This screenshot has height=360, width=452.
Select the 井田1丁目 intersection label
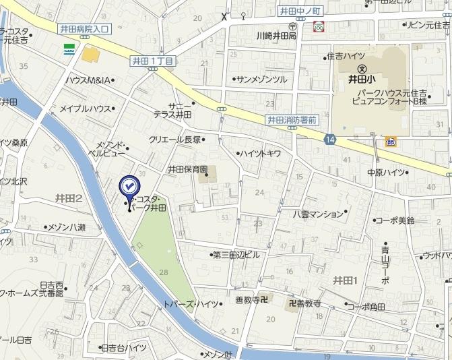pyautogui.click(x=153, y=61)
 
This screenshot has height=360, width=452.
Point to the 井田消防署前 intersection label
pyautogui.click(x=292, y=120)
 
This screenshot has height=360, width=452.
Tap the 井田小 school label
pyautogui.click(x=361, y=78)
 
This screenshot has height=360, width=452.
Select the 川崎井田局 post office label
pyautogui.click(x=276, y=36)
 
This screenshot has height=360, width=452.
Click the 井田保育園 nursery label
pyautogui.click(x=189, y=169)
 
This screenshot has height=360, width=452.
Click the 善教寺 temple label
pyautogui.click(x=247, y=300)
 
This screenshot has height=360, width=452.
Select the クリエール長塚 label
pyautogui.click(x=174, y=140)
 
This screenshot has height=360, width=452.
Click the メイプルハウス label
pyautogui.click(x=86, y=109)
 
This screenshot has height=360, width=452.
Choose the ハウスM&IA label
pyautogui.click(x=88, y=80)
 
